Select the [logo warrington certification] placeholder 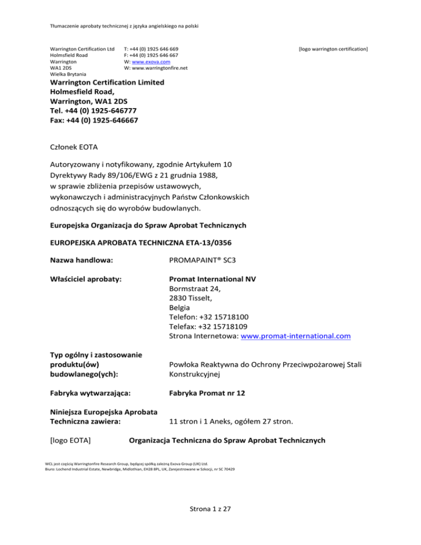click(333, 49)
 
